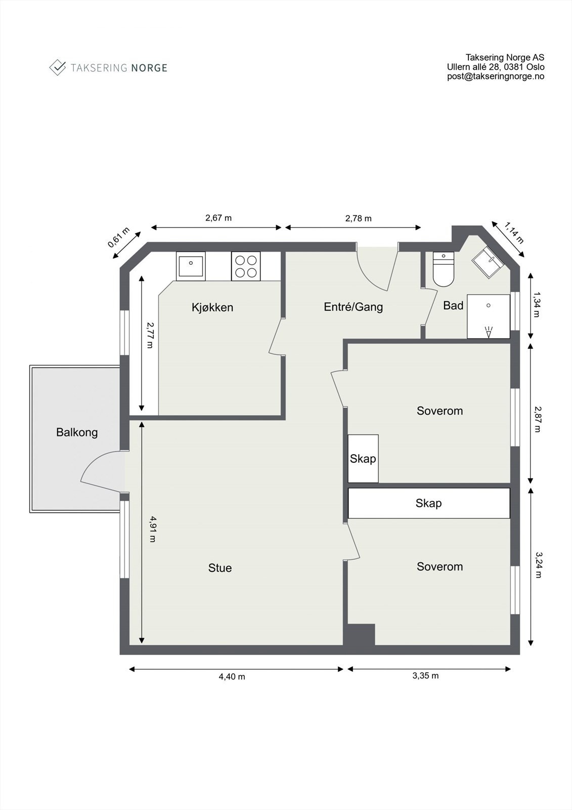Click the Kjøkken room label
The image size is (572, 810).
212,307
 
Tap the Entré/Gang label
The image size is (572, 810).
353,307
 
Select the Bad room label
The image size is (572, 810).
453,305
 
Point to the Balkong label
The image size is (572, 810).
77,432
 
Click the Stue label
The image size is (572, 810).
220,568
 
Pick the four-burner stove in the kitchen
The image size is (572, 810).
246,266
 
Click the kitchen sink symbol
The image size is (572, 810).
191,266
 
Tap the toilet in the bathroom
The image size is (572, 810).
444,269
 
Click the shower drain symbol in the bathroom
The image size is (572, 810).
489,306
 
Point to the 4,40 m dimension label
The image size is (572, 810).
232,677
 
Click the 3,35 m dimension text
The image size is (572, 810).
425,676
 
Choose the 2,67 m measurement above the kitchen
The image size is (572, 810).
218,218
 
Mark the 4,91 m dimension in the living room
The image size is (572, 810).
152,529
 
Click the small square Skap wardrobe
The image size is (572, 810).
363,459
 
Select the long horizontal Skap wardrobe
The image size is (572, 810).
429,503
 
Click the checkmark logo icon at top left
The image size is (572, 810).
58,67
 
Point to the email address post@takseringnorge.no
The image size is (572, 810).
496,76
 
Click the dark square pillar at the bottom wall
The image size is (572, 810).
360,635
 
